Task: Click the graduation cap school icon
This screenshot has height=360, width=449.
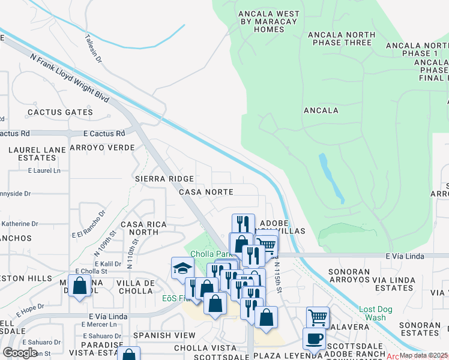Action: click(182, 268)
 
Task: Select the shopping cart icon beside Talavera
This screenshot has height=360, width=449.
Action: click(318, 317)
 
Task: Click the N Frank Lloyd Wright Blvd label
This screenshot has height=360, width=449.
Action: click(70, 77)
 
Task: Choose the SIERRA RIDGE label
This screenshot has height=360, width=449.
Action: click(164, 179)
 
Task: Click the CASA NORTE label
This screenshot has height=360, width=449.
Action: click(206, 191)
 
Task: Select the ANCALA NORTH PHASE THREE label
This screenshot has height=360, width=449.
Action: click(342, 38)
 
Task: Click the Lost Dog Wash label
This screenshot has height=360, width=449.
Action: click(376, 313)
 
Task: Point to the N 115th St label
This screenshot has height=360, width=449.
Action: click(278, 275)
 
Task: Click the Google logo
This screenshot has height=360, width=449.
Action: click(20, 353)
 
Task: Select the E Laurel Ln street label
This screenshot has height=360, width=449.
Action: click(44, 171)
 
